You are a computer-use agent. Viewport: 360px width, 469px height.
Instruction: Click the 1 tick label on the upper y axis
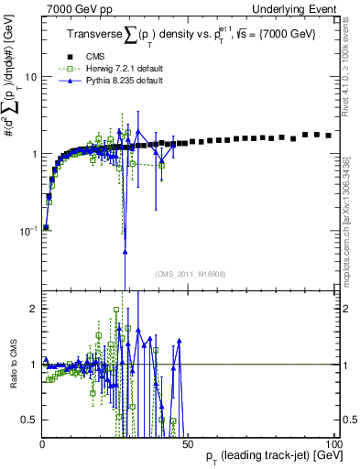pyautogui.click(x=33, y=154)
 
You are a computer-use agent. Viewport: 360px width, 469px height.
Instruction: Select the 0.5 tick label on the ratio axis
pyautogui.click(x=29, y=420)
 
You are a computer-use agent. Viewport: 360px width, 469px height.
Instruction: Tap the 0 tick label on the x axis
pyautogui.click(x=42, y=443)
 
